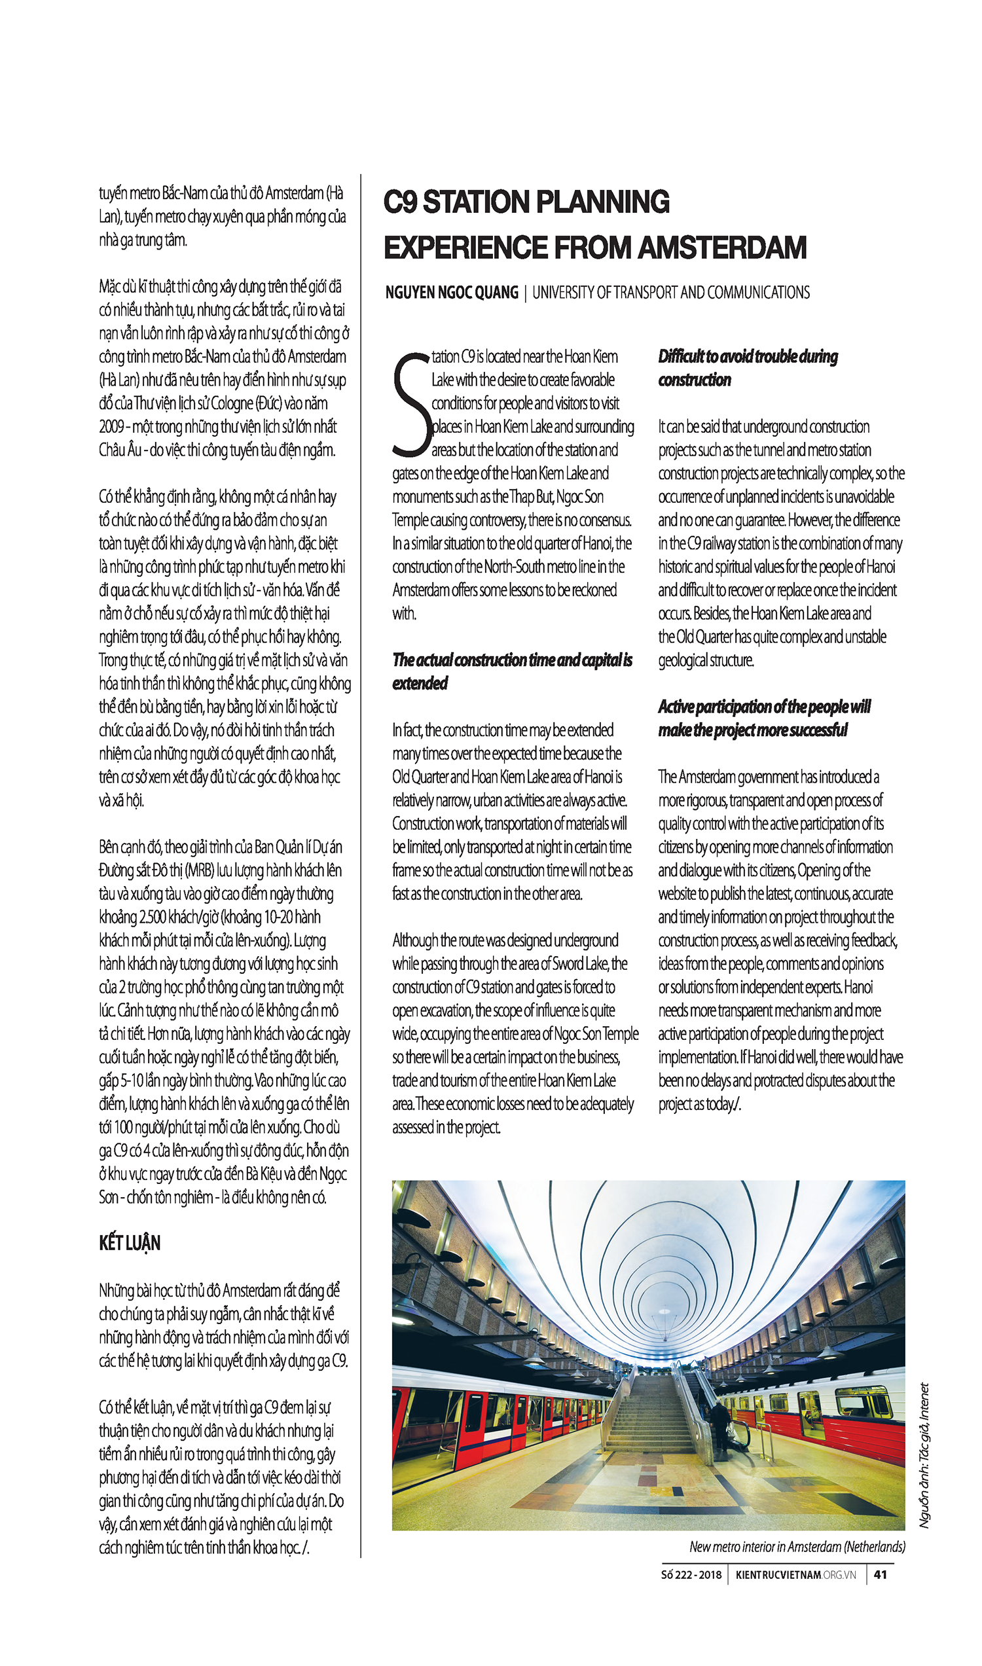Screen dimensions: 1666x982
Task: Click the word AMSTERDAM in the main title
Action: pyautogui.click(x=722, y=248)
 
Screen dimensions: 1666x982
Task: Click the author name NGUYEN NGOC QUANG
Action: pyautogui.click(x=452, y=293)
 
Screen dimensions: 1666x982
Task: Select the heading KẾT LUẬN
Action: pyautogui.click(x=130, y=1243)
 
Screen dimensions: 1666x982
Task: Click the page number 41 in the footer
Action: pyautogui.click(x=879, y=1574)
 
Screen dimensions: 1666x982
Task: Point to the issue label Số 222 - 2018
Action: pyautogui.click(x=691, y=1575)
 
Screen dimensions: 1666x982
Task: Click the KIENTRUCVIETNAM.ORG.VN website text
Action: pyautogui.click(x=795, y=1575)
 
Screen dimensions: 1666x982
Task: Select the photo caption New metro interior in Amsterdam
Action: pyautogui.click(x=797, y=1546)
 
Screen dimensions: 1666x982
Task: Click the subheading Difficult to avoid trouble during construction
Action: pyautogui.click(x=747, y=368)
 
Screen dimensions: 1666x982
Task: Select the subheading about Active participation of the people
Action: pyautogui.click(x=763, y=718)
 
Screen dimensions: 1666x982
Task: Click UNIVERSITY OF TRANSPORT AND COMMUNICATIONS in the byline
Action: pyautogui.click(x=670, y=293)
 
